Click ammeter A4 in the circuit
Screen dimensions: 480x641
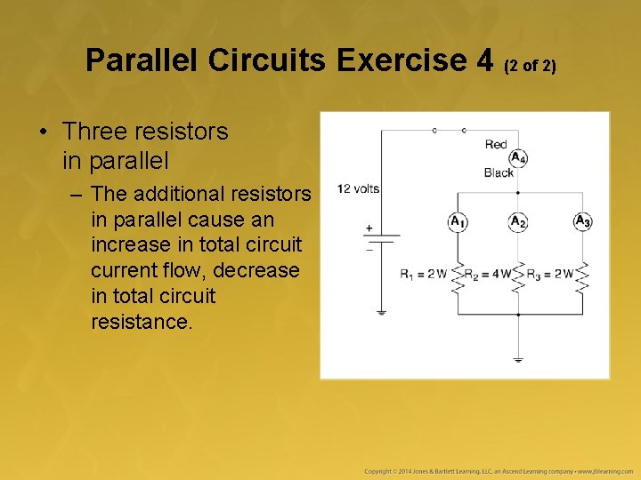tap(518, 158)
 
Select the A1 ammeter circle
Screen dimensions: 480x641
tap(458, 221)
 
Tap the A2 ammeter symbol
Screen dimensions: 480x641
tap(518, 221)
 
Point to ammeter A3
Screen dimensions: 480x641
tap(582, 221)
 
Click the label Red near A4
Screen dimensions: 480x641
tap(496, 144)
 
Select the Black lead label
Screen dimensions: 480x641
tap(499, 172)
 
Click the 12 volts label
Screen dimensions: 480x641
tap(358, 188)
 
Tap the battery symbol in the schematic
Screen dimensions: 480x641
tap(381, 237)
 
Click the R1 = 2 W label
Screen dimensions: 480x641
tap(423, 274)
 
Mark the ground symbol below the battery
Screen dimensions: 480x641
tap(381, 312)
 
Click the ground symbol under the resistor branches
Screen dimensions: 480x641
tap(518, 359)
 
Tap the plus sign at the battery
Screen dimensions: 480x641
tap(368, 228)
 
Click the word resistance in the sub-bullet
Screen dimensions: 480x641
tap(141, 322)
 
